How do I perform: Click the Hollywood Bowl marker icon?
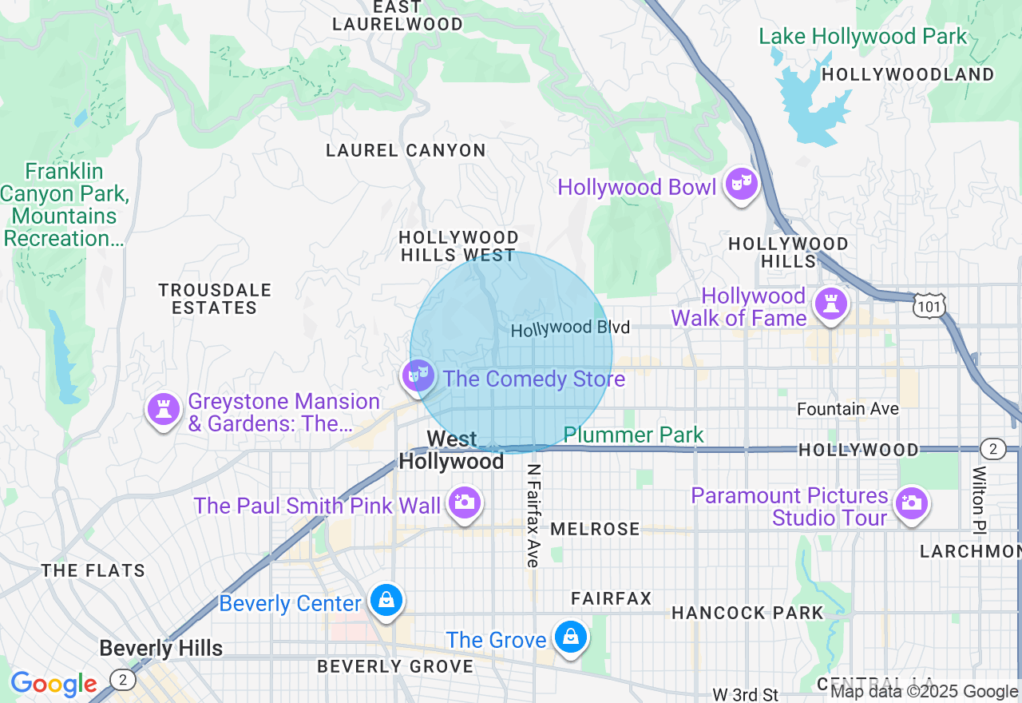click(x=742, y=185)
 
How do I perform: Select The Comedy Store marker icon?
click(x=418, y=375)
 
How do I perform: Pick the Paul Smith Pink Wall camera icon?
click(x=465, y=502)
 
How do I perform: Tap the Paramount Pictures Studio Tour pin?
click(x=911, y=502)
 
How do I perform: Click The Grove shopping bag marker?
click(x=571, y=637)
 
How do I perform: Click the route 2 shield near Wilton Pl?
click(x=992, y=449)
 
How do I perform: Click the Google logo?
click(x=53, y=684)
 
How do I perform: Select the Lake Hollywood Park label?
click(x=862, y=37)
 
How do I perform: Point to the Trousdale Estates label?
click(x=215, y=299)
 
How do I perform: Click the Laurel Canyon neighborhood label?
click(x=406, y=150)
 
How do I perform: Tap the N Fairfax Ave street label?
click(x=533, y=516)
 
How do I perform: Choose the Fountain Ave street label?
click(x=848, y=409)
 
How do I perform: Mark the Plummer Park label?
click(x=634, y=435)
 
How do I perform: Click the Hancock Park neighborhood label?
click(x=747, y=613)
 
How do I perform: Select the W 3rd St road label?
click(x=745, y=693)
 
